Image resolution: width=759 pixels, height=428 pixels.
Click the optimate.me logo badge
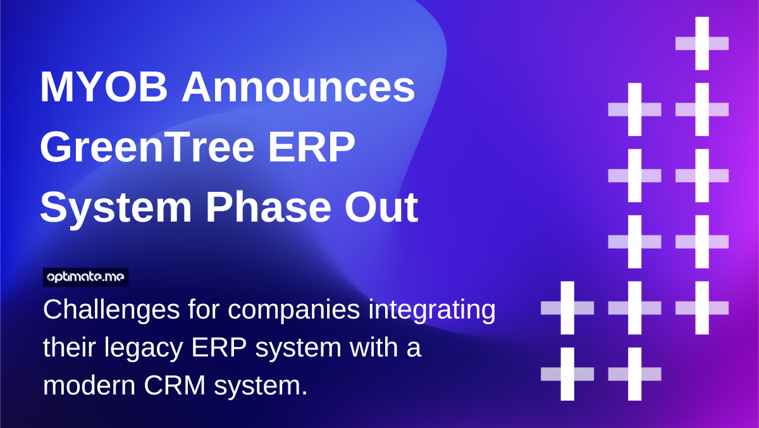coord(86,277)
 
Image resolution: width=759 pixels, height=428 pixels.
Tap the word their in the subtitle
coord(66,349)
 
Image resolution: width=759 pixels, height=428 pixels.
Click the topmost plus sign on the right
coord(702,43)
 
